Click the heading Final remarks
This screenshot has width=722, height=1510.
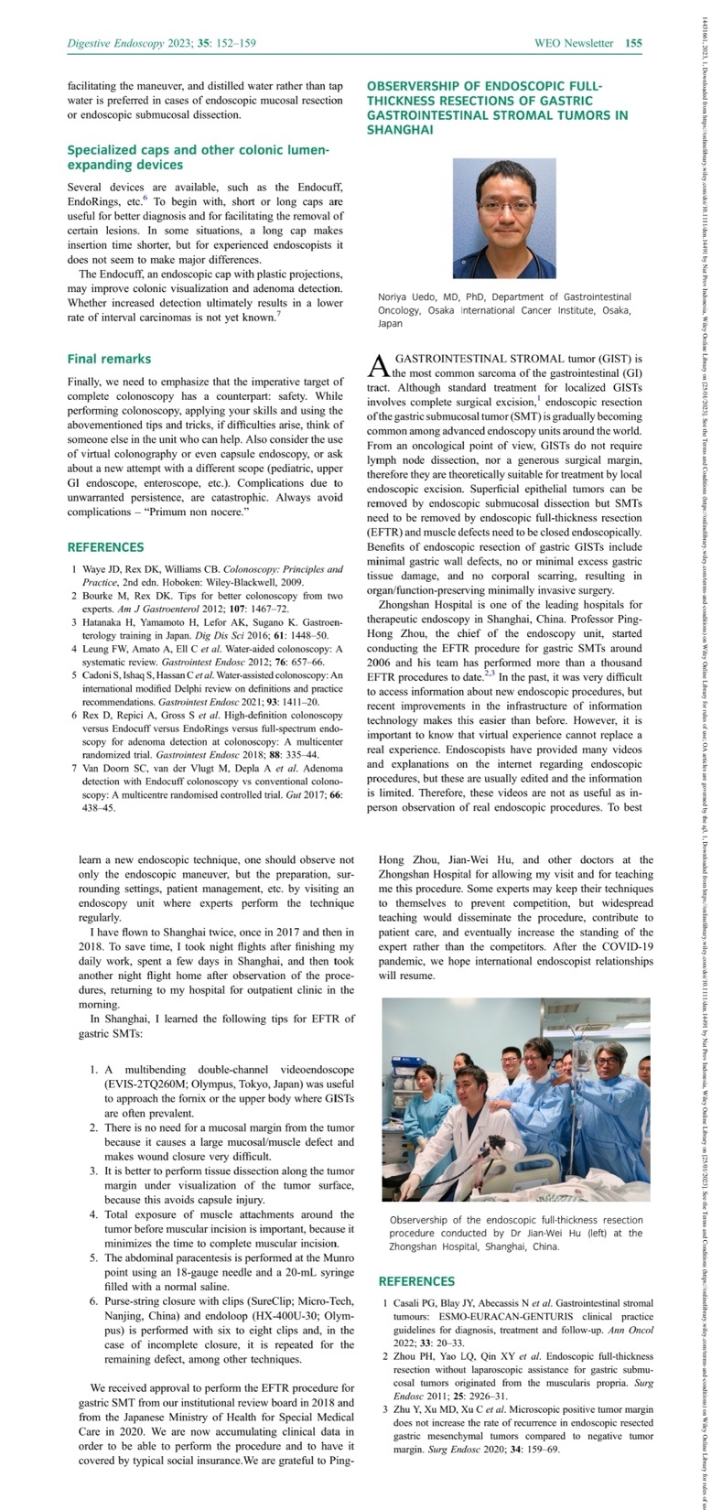click(x=109, y=359)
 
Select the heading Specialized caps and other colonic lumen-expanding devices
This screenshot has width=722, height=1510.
click(x=198, y=156)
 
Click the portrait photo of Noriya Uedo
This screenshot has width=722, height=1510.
click(x=504, y=219)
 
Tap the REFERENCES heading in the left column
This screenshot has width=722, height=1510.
click(x=105, y=547)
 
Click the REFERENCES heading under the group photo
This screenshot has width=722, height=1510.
click(x=416, y=1281)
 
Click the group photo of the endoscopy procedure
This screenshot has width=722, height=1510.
click(x=515, y=1098)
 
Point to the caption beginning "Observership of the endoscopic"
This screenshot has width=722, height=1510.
click(x=515, y=1233)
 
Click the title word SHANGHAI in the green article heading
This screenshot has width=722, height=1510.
click(x=400, y=130)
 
